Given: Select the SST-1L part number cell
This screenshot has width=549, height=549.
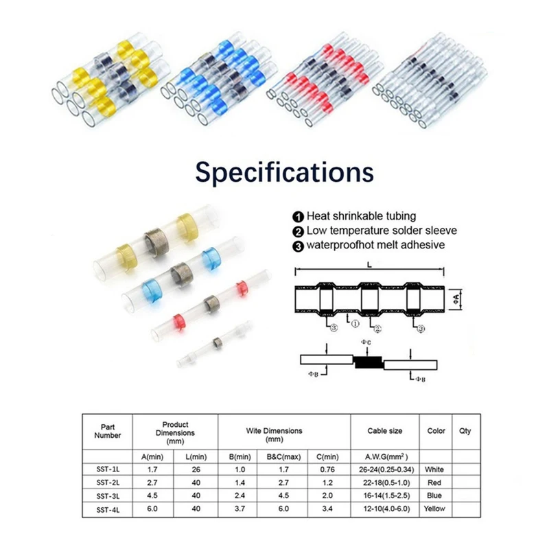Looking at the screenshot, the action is tap(106, 470).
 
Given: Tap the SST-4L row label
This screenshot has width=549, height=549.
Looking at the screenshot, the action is tap(106, 509).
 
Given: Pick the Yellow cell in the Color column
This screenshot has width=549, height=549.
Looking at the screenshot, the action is tap(435, 509).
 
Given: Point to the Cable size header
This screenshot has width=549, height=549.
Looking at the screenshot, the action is tap(385, 431).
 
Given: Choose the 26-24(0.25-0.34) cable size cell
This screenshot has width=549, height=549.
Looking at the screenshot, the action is tap(385, 470).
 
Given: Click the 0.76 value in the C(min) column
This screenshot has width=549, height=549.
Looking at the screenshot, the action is tap(329, 470).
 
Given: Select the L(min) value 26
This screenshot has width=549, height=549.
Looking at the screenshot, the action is tap(198, 470).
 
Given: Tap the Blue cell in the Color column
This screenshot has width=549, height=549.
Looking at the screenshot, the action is tap(435, 495).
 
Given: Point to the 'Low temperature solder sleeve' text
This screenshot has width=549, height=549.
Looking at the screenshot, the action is tap(382, 231).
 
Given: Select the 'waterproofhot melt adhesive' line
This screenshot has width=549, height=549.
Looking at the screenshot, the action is tap(375, 244).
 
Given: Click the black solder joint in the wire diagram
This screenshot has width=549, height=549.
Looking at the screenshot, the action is tap(368, 361).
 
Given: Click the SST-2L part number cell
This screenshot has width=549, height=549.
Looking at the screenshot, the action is tap(106, 483).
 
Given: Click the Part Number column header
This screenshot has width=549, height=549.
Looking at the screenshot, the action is tap(106, 431).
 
